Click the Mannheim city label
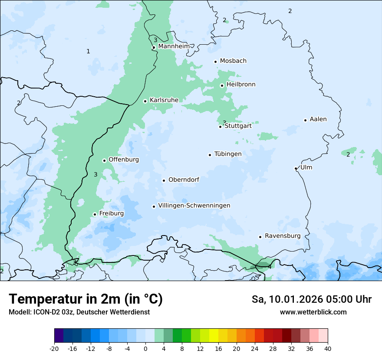coord(174,46)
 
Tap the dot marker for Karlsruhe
coord(145,101)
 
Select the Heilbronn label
coord(241,85)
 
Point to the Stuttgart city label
coord(238,126)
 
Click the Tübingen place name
coord(228,154)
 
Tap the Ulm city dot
coord(296,168)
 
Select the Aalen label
coord(318,119)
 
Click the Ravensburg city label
coord(283,236)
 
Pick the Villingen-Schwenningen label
coord(194,206)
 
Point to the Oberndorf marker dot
coord(164,180)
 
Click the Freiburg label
coord(112,213)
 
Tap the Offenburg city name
coord(124,160)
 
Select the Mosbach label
coord(233,61)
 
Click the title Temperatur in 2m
coord(86,299)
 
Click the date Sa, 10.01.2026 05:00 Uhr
coord(311,299)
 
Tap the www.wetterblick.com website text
coord(313,312)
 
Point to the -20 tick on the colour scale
coord(54,348)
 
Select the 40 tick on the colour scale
coord(328,348)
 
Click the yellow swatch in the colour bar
coord(214,336)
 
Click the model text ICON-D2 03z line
coord(79,312)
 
